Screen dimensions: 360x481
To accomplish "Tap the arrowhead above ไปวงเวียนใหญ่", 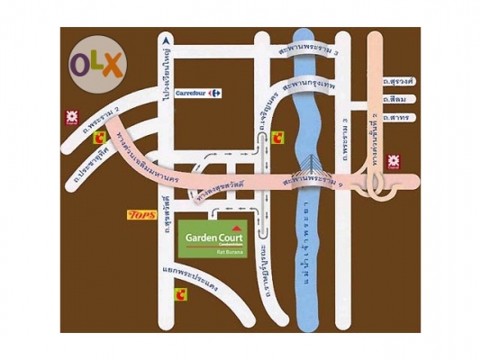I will (165, 41).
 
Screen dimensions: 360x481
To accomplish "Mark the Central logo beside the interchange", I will (394, 162).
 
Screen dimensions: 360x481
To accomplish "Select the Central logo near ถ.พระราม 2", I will (69, 117).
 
